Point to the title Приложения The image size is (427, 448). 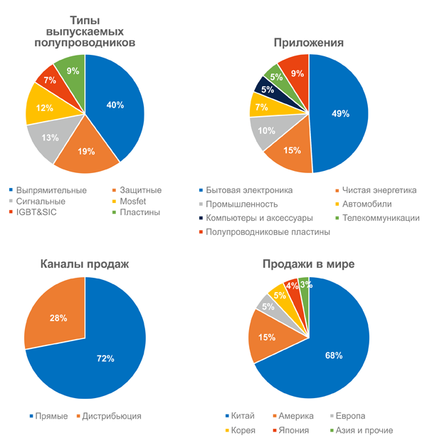pos(309,42)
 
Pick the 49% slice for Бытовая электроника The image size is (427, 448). pos(340,114)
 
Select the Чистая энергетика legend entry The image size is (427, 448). pos(377,190)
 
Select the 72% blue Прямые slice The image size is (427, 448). pos(107,358)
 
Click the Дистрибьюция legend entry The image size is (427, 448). pos(112,416)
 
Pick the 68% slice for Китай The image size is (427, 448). pos(334,355)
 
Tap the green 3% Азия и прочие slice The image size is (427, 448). pos(305,285)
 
